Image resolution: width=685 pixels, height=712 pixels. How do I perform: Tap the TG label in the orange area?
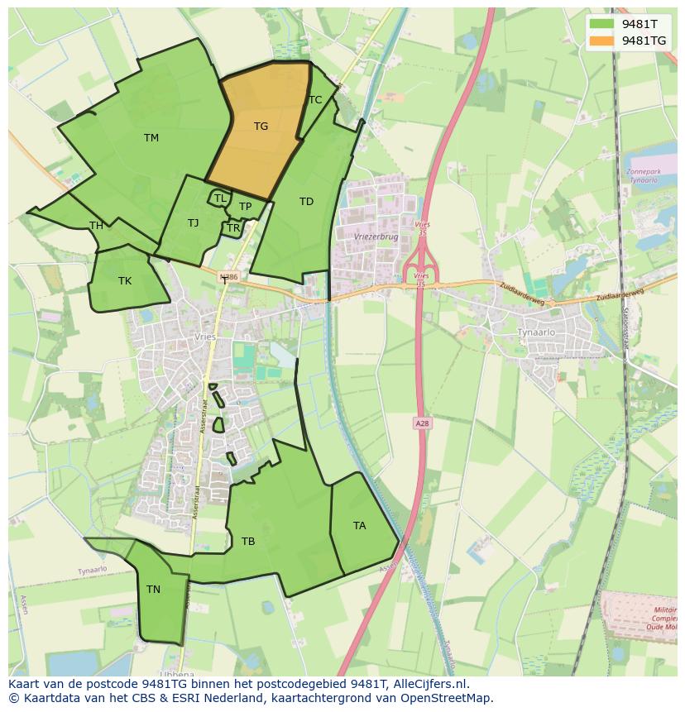pyautogui.click(x=261, y=127)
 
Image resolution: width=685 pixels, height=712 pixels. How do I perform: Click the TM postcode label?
pyautogui.click(x=151, y=138)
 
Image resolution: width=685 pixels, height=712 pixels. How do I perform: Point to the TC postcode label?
pyautogui.click(x=315, y=100)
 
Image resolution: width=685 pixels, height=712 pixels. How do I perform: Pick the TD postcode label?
pyautogui.click(x=306, y=202)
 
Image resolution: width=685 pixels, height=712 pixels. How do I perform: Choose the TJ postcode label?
pyautogui.click(x=193, y=223)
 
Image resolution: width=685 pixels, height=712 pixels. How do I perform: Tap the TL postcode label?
pyautogui.click(x=220, y=198)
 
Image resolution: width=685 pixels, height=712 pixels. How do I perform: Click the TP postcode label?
pyautogui.click(x=245, y=207)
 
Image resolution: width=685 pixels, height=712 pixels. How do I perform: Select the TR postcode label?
pyautogui.click(x=233, y=228)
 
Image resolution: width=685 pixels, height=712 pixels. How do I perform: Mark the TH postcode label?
pyautogui.click(x=96, y=226)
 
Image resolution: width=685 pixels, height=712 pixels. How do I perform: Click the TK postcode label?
pyautogui.click(x=124, y=281)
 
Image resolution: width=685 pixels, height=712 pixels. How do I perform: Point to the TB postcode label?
pyautogui.click(x=248, y=542)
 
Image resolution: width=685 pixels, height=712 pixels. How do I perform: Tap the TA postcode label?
pyautogui.click(x=359, y=526)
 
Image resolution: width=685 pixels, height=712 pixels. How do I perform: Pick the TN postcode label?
pyautogui.click(x=153, y=590)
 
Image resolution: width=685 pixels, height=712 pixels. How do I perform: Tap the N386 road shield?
pyautogui.click(x=229, y=278)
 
